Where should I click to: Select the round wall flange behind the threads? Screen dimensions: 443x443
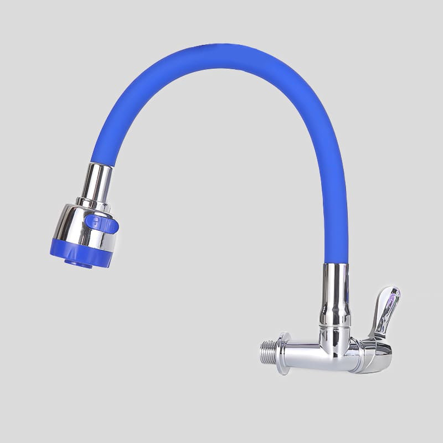point(284,353)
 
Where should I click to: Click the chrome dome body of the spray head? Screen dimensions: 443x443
point(83,227)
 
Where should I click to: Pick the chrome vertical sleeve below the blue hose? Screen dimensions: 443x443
point(336,293)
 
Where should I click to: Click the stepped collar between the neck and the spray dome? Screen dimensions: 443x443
point(93,202)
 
